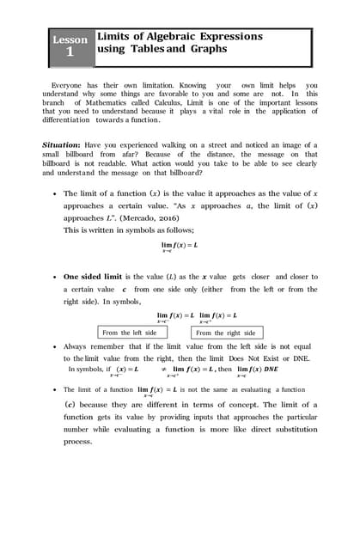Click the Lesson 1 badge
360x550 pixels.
pos(70,47)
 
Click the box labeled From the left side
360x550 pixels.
pos(129,333)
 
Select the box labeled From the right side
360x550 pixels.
pos(226,333)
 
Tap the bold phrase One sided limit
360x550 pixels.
pos(97,277)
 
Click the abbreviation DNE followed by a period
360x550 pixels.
pos(306,357)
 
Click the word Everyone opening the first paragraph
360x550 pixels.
pos(70,85)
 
